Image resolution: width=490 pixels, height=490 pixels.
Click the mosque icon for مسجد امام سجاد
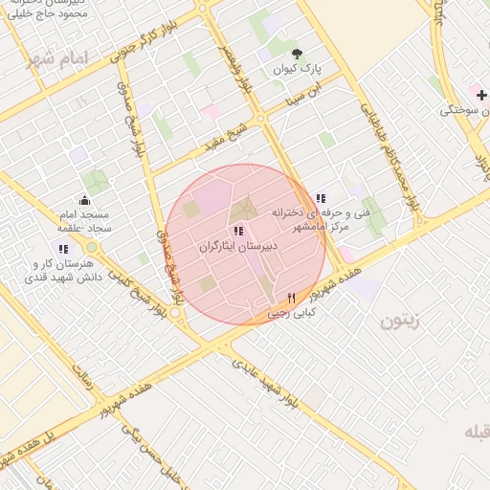click(84, 200)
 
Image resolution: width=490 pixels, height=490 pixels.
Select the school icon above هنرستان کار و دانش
click(63, 249)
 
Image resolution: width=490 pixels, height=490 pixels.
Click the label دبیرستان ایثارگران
click(238, 247)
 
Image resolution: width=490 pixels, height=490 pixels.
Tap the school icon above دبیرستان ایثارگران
click(238, 231)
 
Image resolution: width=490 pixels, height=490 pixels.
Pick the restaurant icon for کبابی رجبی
click(291, 298)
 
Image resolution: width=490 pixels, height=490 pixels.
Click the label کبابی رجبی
click(291, 313)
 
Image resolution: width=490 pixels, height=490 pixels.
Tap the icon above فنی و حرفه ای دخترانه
click(320, 197)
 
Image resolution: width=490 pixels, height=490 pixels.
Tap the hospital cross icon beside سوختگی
click(481, 95)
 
